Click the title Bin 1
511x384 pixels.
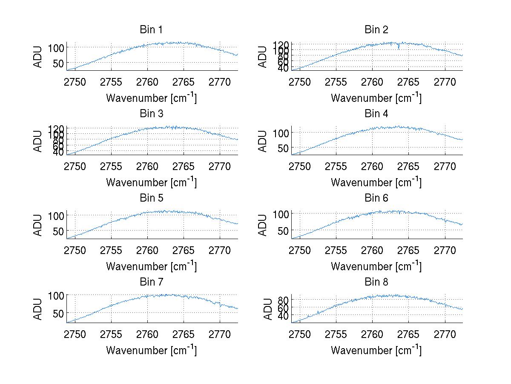(x=151, y=30)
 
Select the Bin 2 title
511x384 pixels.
(x=376, y=30)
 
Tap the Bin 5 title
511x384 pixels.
(x=151, y=198)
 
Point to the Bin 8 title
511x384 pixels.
(x=376, y=282)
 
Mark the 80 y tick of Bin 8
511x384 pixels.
(x=284, y=300)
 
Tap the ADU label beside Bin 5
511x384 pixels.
(x=38, y=225)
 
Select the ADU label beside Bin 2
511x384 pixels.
(x=263, y=57)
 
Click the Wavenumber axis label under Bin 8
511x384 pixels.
(x=376, y=350)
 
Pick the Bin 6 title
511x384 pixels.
(x=376, y=198)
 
